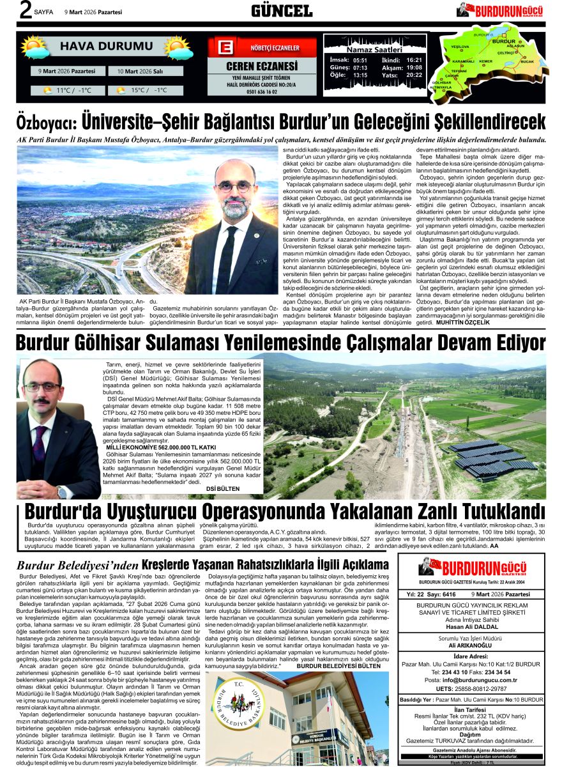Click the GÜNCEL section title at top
[x=281, y=11]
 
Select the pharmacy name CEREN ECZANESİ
[x=262, y=66]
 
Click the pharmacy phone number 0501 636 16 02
[x=262, y=91]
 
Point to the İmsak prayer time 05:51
[x=360, y=59]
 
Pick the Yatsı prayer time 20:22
[x=414, y=75]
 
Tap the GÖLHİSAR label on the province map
[x=441, y=82]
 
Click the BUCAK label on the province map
[x=527, y=61]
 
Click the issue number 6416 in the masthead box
[x=449, y=594]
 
